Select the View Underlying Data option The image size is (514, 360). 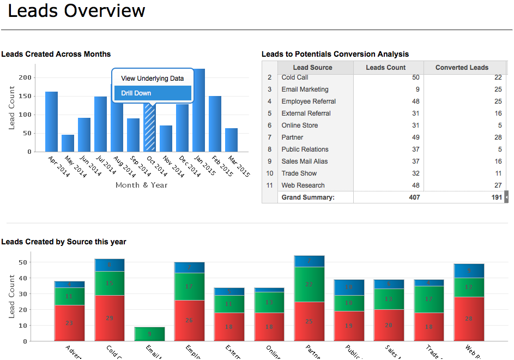152,79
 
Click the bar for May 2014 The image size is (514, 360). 68,143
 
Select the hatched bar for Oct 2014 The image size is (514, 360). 149,128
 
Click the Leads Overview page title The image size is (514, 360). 77,10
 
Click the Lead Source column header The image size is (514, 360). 312,68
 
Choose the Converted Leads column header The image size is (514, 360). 462,68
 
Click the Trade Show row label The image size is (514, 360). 299,173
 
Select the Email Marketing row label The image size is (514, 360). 305,89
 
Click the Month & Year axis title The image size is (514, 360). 142,185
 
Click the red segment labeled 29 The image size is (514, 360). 109,318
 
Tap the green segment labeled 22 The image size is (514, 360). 309,284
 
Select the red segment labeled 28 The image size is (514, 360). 469,319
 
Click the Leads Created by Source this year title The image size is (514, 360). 64,242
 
